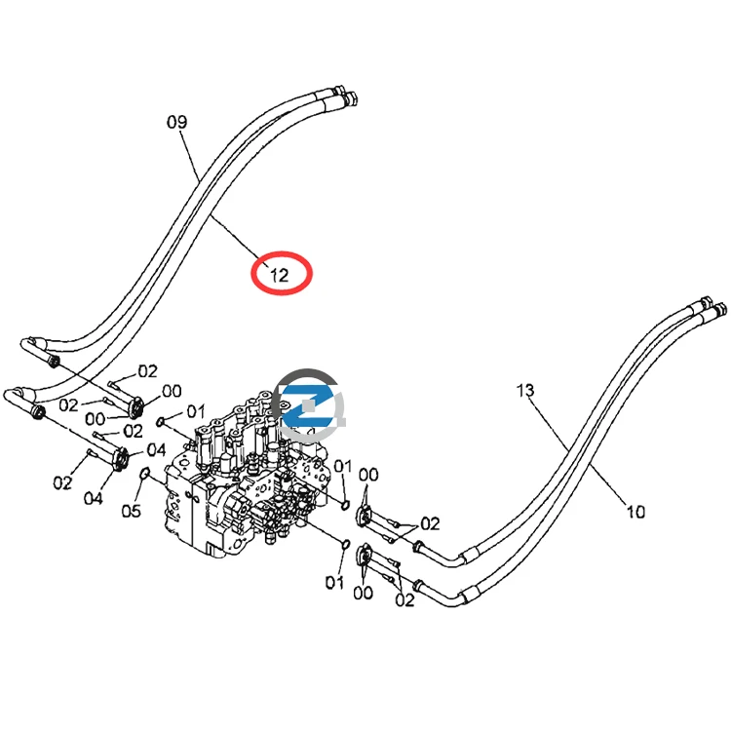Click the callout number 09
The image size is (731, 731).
pos(176,122)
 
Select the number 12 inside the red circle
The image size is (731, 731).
pos(280,275)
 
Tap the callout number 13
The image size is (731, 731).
pos(525,390)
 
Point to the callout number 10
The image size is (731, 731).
pos(635,512)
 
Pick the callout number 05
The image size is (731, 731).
pos(131,511)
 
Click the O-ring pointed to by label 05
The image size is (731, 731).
pos(144,474)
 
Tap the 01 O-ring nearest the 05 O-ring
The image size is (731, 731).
pos(161,422)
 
